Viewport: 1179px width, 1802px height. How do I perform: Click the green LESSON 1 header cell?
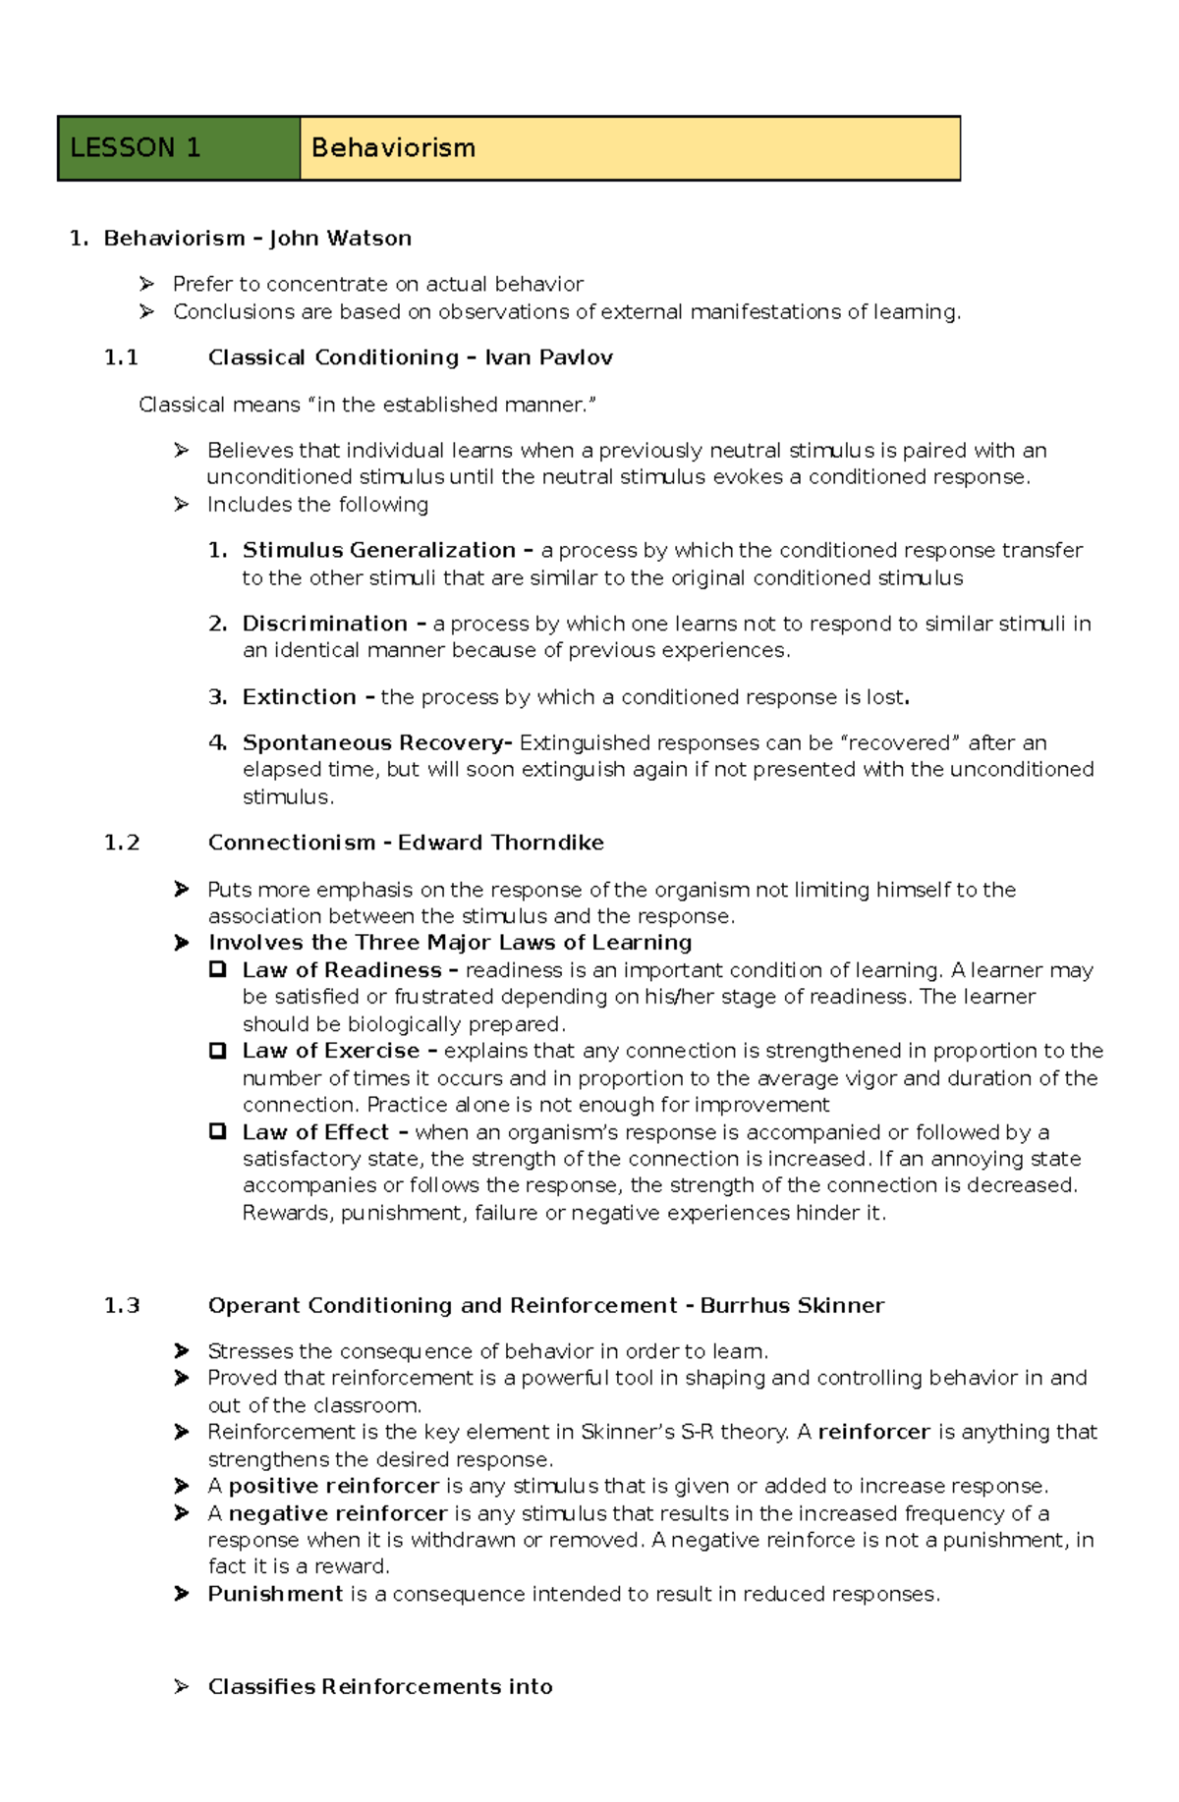click(x=179, y=148)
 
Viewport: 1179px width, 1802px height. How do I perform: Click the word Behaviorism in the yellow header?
click(x=393, y=148)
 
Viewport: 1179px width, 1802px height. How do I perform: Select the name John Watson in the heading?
click(x=340, y=239)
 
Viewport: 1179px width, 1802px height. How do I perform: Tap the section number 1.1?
click(x=121, y=357)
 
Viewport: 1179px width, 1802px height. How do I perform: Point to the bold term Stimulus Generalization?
click(x=378, y=550)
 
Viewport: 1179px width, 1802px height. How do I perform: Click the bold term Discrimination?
click(x=324, y=624)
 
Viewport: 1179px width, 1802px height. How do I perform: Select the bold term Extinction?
click(x=300, y=697)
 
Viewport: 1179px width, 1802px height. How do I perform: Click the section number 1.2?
click(x=121, y=843)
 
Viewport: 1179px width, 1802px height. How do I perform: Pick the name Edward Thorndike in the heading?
click(x=500, y=843)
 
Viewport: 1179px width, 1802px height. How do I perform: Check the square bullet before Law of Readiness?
click(x=217, y=969)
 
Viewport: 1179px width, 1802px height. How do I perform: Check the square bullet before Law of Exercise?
click(x=217, y=1051)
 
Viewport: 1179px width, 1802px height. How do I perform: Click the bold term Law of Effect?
click(x=315, y=1132)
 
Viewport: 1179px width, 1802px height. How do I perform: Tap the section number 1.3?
click(x=121, y=1306)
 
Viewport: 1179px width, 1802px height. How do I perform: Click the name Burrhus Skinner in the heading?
click(x=792, y=1306)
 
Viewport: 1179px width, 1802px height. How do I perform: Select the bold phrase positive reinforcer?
click(x=333, y=1486)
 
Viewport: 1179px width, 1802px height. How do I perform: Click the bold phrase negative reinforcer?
click(x=337, y=1513)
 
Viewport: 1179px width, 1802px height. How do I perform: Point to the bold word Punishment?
click(x=275, y=1594)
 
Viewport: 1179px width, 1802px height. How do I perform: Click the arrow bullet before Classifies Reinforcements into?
click(x=181, y=1687)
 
